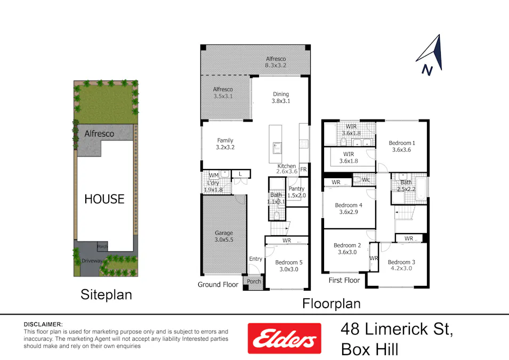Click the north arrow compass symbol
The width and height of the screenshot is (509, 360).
430,55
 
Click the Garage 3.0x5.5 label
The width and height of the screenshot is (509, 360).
224,236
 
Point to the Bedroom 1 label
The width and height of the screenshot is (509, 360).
402,146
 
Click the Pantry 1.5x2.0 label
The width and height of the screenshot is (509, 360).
296,192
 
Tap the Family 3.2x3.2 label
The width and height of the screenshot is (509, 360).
225,144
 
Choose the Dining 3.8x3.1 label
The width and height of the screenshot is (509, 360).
281,98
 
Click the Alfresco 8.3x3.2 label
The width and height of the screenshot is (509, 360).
276,62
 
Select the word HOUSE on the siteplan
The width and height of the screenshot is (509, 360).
104,199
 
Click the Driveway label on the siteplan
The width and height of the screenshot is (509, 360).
93,261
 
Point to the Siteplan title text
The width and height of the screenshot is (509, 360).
106,294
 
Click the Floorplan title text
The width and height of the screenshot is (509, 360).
332,303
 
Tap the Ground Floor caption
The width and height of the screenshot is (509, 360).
218,284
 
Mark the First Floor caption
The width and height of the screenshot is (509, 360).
344,280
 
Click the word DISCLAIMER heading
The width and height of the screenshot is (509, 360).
43,324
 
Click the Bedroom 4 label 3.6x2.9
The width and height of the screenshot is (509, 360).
349,209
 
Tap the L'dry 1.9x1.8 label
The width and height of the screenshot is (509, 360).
213,186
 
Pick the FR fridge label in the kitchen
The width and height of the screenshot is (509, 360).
303,170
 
